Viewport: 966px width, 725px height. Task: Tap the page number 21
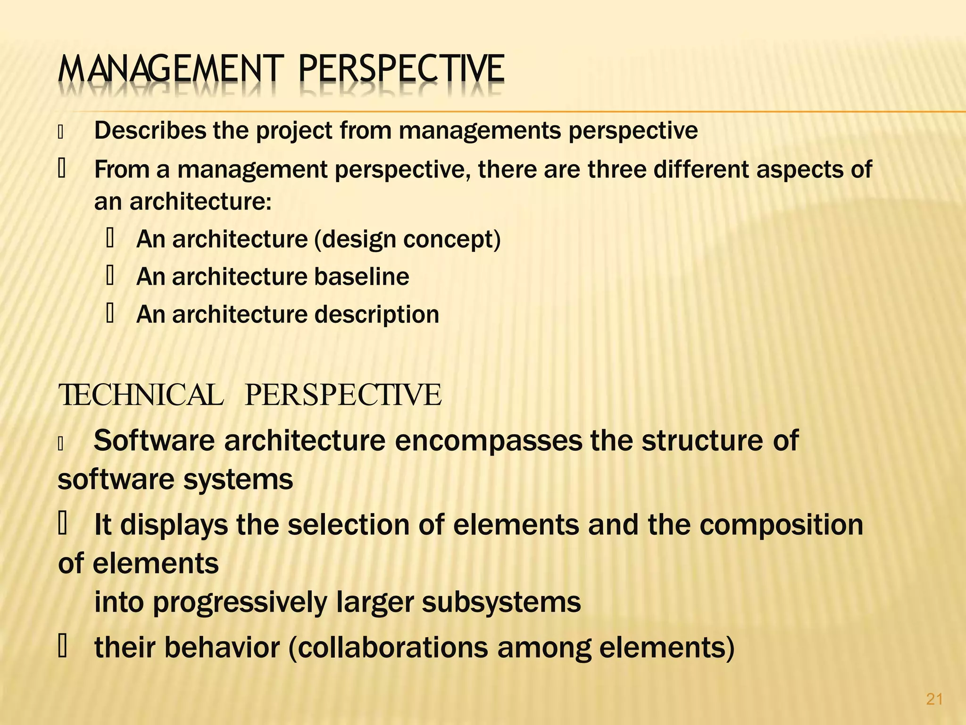(934, 699)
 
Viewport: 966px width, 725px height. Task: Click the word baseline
(362, 277)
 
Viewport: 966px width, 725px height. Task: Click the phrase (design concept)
(408, 239)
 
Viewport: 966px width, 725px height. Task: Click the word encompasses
(488, 442)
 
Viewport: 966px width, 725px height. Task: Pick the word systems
(238, 480)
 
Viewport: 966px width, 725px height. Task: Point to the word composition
(781, 525)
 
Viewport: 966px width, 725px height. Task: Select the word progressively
(240, 603)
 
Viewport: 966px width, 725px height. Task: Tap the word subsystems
(501, 602)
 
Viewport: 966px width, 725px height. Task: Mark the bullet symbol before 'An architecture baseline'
(110, 277)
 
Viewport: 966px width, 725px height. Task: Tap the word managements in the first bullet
(480, 131)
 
